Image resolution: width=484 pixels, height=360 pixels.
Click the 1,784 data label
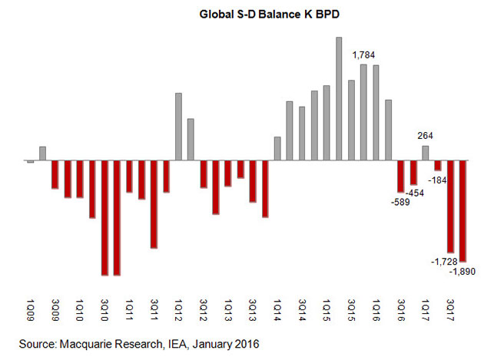[364, 55]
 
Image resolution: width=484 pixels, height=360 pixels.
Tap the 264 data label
[426, 137]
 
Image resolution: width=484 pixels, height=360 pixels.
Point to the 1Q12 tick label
[178, 310]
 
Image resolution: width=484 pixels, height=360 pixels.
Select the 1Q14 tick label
[277, 310]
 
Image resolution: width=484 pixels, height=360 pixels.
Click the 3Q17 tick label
[449, 310]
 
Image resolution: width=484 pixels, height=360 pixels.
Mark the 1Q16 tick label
[376, 310]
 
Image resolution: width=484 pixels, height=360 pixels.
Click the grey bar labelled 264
[426, 154]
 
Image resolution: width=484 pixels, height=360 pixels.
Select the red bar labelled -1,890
[462, 211]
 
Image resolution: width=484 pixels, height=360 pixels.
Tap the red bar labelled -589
[400, 177]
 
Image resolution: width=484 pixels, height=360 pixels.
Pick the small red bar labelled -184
[438, 166]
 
